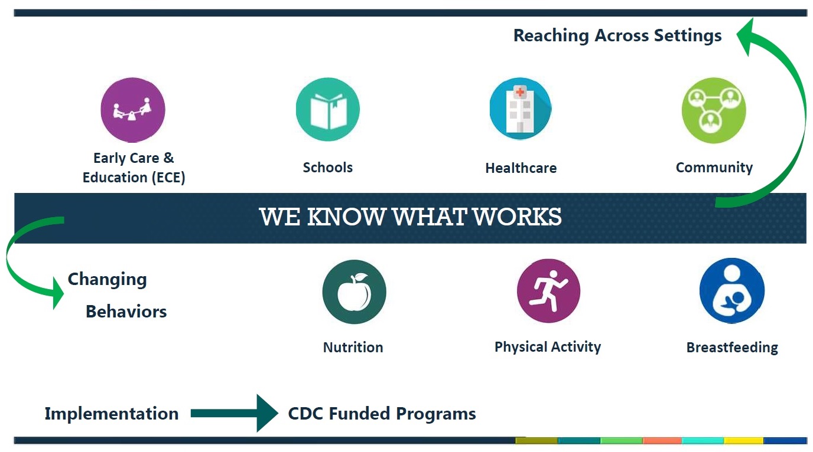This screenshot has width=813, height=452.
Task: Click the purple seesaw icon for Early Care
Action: point(133,110)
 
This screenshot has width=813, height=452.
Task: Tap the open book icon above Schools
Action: point(328,109)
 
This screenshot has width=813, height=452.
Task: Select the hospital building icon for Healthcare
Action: point(521,109)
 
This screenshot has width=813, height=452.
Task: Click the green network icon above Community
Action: point(714,110)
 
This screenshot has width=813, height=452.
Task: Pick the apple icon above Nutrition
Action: point(355,291)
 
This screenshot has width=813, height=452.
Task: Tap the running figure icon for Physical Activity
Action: point(548,291)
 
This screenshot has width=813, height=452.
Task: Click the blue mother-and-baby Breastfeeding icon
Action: point(732,290)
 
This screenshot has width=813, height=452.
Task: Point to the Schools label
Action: point(328,168)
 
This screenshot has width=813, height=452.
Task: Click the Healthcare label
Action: point(521,168)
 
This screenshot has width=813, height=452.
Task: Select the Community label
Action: point(714,168)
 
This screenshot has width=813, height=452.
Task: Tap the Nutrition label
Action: point(353,347)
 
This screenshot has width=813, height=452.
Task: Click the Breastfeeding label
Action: point(732,348)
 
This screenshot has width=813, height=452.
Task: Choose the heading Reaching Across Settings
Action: point(617,36)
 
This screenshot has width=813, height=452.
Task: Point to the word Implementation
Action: point(112,414)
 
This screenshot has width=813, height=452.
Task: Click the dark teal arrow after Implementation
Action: point(235,413)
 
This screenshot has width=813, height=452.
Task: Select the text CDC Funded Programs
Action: point(382,414)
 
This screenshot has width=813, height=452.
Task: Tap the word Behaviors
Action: point(126,312)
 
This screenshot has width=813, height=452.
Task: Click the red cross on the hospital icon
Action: point(520,93)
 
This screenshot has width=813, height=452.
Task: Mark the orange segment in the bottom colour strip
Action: point(662,441)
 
